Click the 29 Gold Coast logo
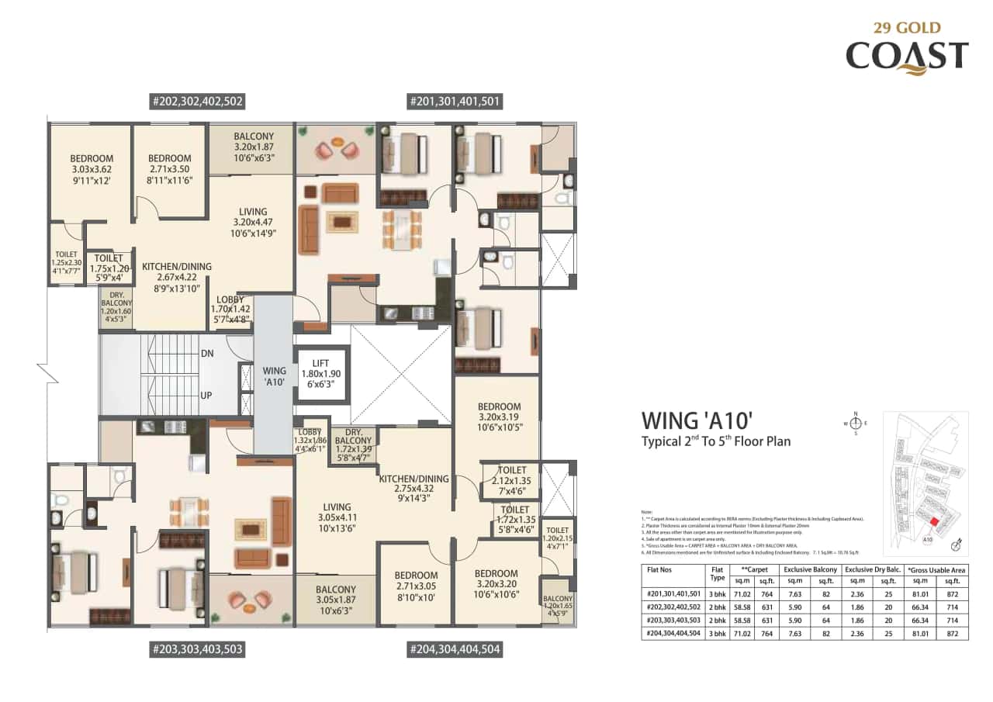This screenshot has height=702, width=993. (x=906, y=47)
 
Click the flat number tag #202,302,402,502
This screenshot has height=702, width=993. (x=198, y=101)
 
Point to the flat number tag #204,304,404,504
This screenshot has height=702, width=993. (x=454, y=649)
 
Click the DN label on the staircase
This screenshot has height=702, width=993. (x=207, y=352)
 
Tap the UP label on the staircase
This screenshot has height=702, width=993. (x=206, y=396)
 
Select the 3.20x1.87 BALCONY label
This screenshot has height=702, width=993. (x=254, y=147)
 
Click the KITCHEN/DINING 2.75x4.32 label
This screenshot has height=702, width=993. (x=413, y=489)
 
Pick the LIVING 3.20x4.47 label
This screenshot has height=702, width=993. (x=253, y=222)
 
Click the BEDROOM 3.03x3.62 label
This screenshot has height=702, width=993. (x=92, y=169)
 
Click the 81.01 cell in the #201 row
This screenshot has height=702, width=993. (x=921, y=595)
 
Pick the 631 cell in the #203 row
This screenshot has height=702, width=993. (x=766, y=621)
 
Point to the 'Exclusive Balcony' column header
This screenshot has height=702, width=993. (x=811, y=569)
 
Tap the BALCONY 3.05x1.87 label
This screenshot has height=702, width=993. (x=335, y=600)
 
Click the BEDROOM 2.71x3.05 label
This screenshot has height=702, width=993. (x=416, y=586)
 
